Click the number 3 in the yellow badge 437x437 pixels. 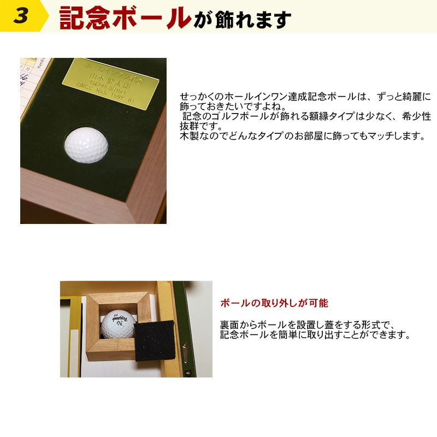coord(21,16)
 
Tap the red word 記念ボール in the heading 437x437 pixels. coord(125,17)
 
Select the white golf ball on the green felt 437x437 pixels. coord(87,145)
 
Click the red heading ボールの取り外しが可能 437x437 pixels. coord(274,303)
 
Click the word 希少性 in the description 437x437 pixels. coord(417,117)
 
